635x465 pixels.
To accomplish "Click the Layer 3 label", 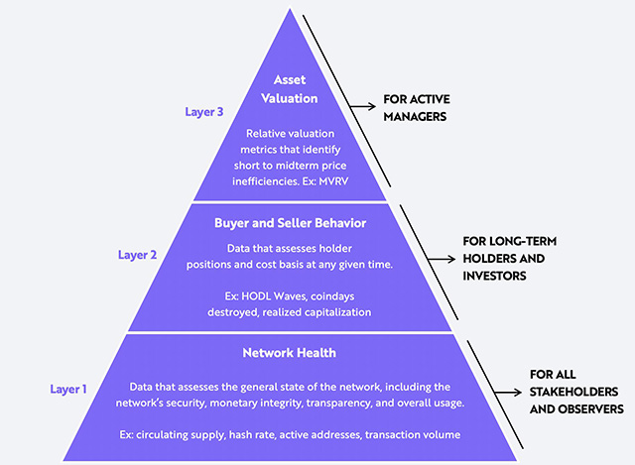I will (204, 111).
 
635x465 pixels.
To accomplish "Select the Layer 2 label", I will (137, 254).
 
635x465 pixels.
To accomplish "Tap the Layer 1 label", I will (68, 389).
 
